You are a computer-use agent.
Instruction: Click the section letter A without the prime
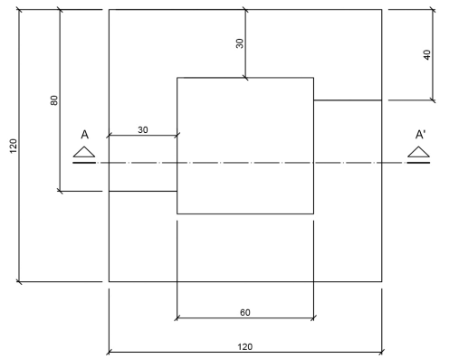84,135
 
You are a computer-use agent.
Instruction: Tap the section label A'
420,135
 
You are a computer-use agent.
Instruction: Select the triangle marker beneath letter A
84,151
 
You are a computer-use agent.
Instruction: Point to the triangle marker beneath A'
419,151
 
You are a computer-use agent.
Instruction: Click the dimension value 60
245,311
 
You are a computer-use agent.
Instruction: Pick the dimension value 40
427,55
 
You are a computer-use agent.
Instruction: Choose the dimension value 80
53,100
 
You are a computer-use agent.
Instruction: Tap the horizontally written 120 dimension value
245,346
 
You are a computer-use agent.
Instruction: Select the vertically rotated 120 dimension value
14,146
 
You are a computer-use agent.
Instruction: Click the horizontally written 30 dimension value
143,129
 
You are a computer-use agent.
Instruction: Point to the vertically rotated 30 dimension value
241,43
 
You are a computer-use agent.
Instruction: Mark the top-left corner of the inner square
177,79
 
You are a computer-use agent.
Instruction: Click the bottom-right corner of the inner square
313,213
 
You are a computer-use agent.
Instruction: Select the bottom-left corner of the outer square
109,281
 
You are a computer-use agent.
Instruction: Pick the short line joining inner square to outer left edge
142,191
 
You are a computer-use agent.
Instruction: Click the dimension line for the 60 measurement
208,317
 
